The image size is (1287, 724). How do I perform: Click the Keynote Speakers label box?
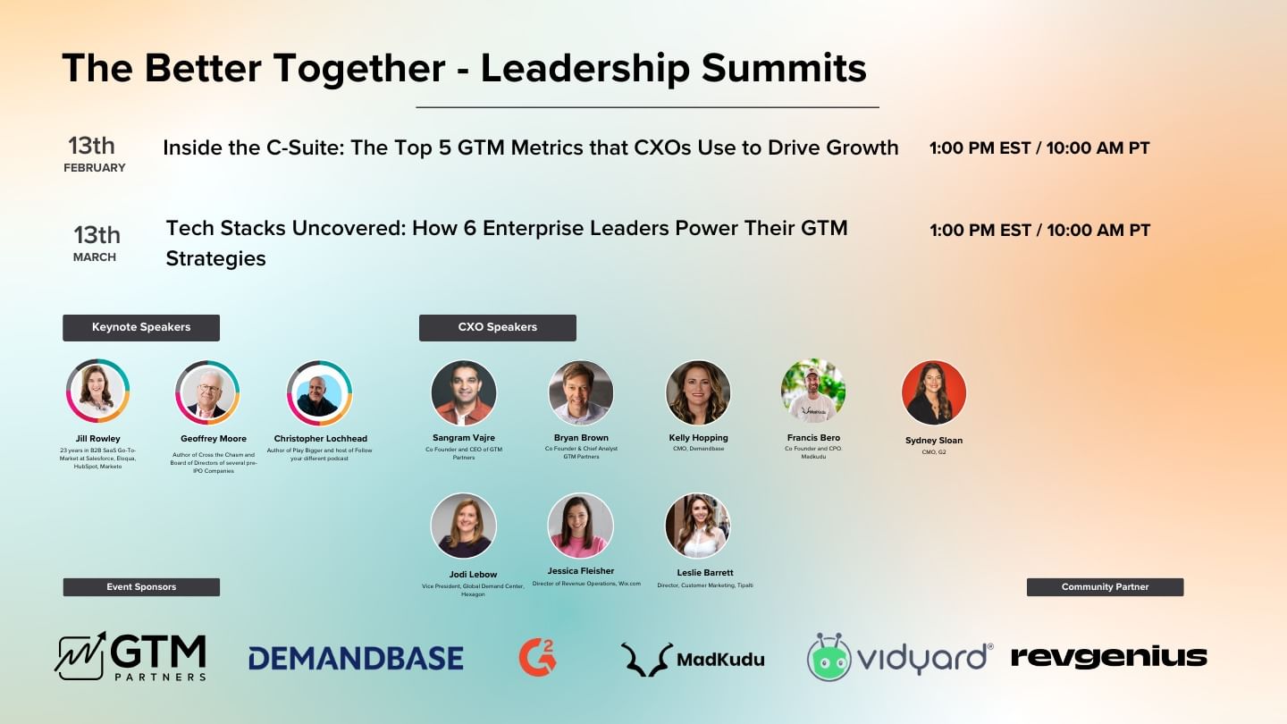point(141,327)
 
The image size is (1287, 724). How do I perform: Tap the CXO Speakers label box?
point(497,327)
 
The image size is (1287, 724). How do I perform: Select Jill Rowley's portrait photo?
point(97,391)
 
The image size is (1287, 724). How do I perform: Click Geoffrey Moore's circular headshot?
point(206,392)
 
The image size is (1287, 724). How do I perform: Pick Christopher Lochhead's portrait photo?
point(319,393)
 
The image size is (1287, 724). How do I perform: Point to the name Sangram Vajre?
point(463,438)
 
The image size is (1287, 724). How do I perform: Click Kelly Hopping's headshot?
point(698,392)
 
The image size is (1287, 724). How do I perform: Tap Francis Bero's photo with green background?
point(812,391)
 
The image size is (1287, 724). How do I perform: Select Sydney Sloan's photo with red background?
point(934,392)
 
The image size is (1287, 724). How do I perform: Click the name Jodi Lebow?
point(473,574)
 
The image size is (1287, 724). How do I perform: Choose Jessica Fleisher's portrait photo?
point(580,526)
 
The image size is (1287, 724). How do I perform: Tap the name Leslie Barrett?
point(704,572)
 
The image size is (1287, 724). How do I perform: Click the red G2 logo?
point(537,657)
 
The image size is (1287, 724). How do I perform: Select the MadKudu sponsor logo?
point(693,659)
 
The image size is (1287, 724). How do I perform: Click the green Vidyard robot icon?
point(829,658)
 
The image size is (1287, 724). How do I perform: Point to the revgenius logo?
point(1108,657)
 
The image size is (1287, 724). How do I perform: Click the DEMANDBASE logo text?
point(356,659)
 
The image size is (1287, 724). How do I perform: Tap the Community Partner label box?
point(1105,587)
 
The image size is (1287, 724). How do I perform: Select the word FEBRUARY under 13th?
point(94,168)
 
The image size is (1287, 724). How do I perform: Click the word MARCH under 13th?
point(95,257)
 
